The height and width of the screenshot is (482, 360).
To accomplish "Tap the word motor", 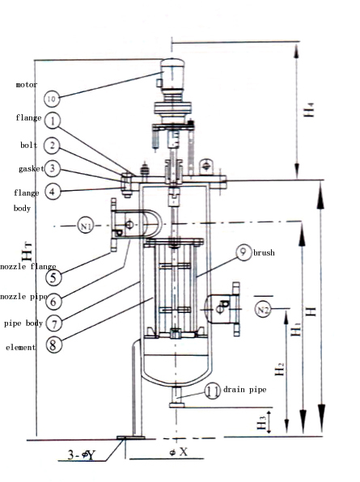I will pyautogui.click(x=26, y=84).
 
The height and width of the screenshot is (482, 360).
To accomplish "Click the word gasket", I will pyautogui.click(x=31, y=169).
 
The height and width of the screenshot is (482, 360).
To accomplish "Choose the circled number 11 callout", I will pyautogui.click(x=212, y=391).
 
